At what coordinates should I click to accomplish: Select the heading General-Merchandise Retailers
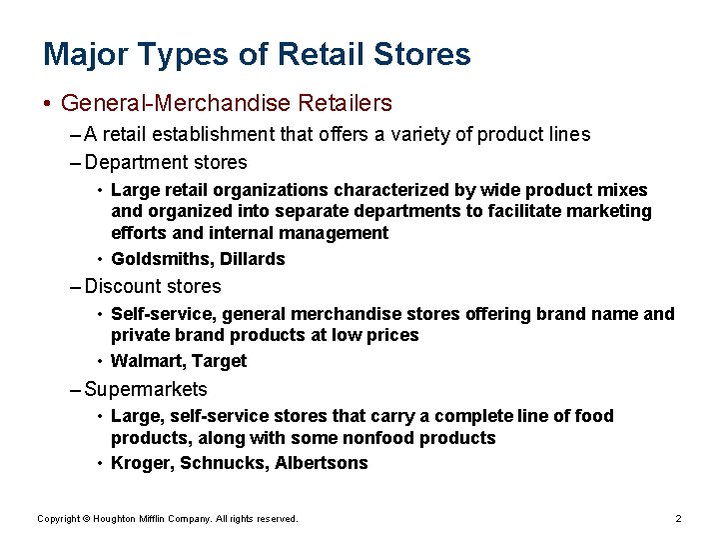tap(227, 103)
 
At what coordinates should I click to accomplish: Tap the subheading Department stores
tap(166, 162)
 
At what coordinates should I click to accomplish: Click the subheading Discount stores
tap(153, 286)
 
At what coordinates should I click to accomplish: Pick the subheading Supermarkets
tap(146, 389)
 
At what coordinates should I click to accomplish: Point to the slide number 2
tap(678, 519)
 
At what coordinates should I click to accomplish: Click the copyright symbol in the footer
tap(86, 519)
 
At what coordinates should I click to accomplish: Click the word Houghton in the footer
tap(115, 519)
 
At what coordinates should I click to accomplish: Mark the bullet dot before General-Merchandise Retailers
tap(48, 104)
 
